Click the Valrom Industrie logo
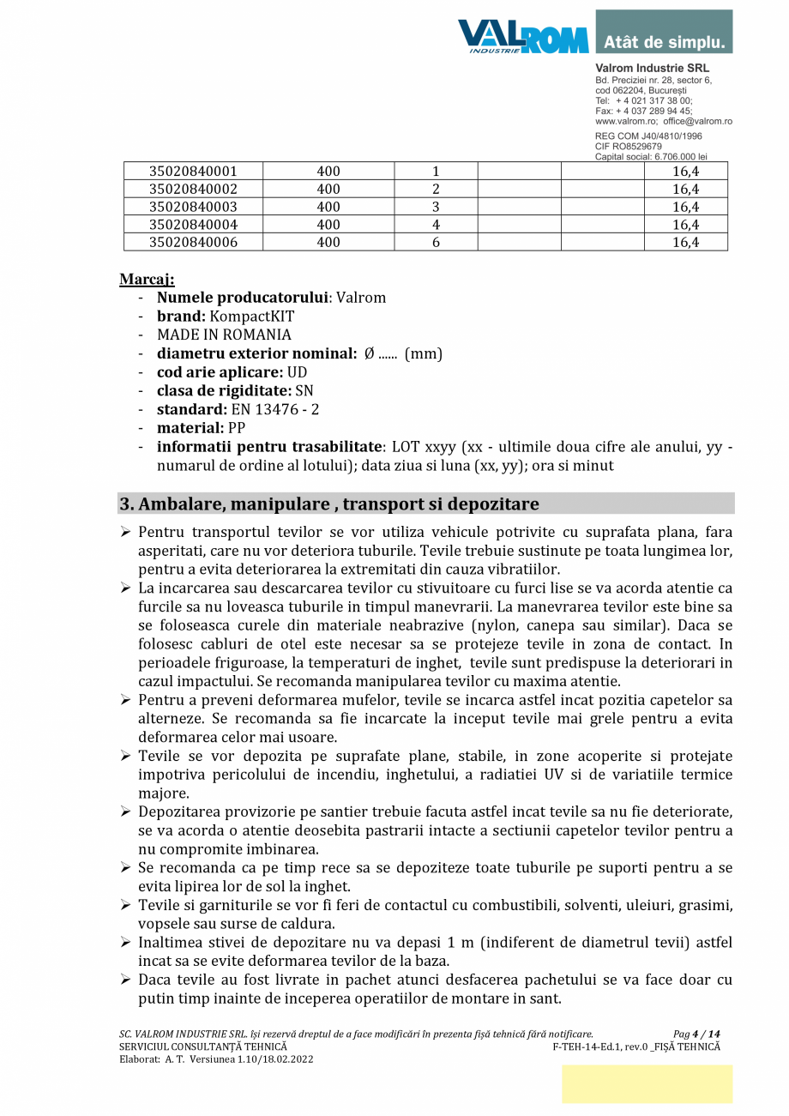(523, 37)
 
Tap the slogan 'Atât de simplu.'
(665, 42)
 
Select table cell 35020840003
(193, 207)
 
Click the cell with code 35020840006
(193, 242)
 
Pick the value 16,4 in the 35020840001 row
(685, 172)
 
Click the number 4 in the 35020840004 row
(436, 225)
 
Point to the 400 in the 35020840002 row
(328, 189)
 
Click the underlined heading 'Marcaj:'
(147, 280)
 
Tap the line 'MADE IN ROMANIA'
(224, 335)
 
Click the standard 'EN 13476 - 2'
(275, 409)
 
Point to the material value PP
(237, 428)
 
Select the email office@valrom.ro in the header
(697, 122)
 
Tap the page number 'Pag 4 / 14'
(696, 1035)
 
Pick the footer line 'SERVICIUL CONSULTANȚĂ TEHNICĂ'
(203, 1047)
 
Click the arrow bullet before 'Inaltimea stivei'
(125, 943)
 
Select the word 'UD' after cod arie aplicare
(297, 372)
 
